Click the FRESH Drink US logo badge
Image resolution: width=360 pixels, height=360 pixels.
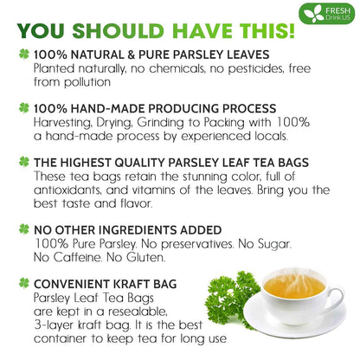coord(327,15)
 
